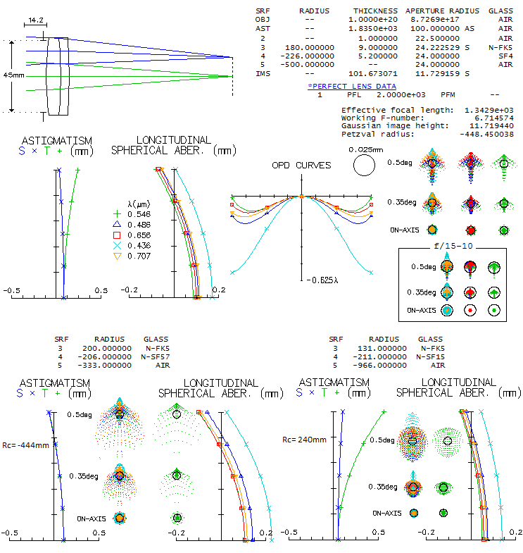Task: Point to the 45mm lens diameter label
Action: [13, 75]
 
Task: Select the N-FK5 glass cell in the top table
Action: [500, 46]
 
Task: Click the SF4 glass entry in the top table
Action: [505, 55]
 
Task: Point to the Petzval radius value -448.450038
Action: [486, 133]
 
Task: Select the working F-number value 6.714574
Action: [490, 118]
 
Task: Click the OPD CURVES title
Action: [301, 165]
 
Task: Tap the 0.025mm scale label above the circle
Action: [365, 149]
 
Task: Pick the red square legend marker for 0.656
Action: [118, 234]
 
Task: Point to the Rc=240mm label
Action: [304, 439]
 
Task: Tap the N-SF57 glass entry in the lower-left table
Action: [156, 356]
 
